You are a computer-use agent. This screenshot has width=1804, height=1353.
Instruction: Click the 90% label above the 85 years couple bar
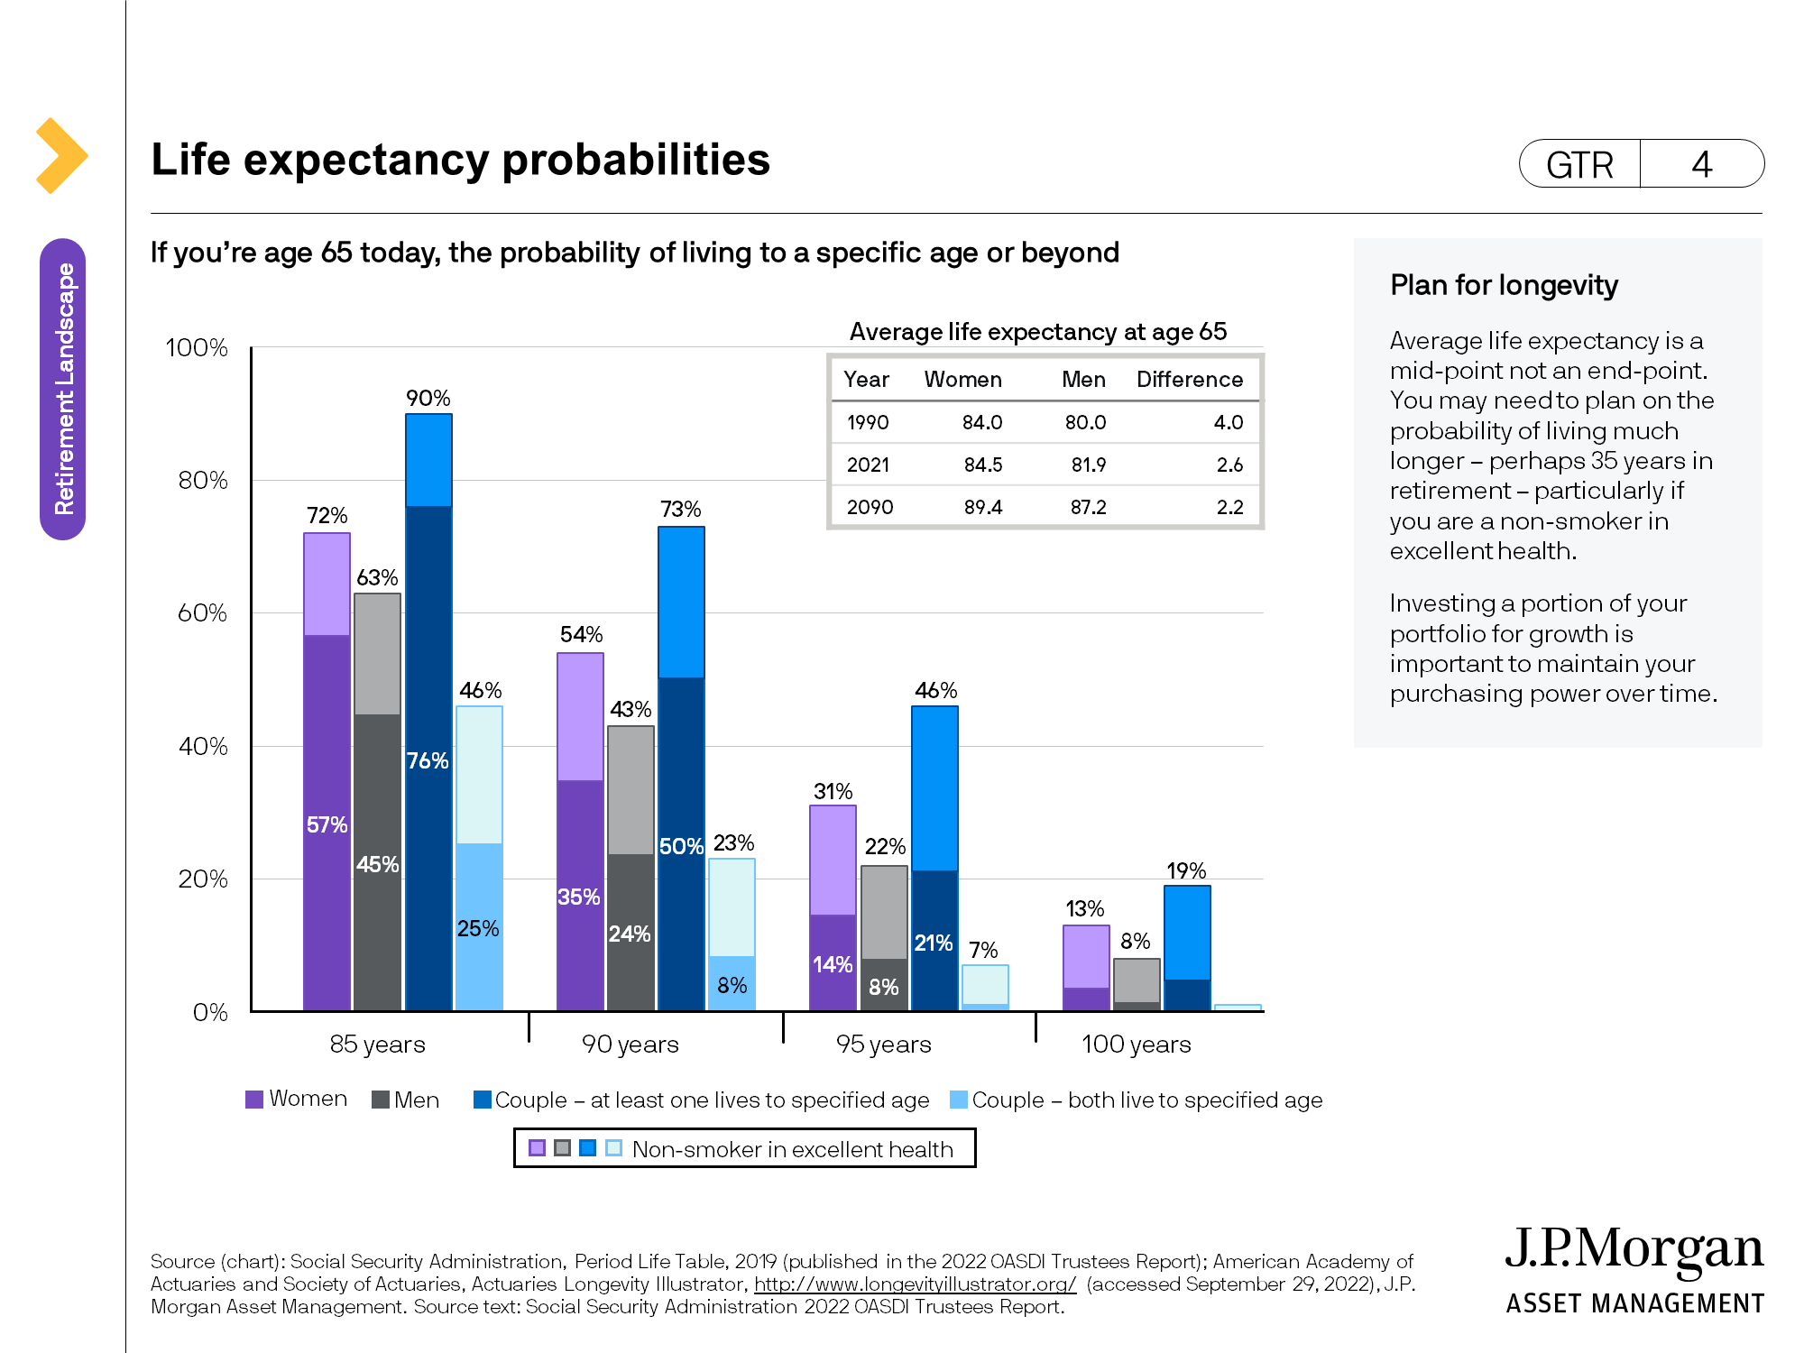[x=428, y=398]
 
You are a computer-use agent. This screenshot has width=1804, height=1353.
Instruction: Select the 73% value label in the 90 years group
[x=680, y=510]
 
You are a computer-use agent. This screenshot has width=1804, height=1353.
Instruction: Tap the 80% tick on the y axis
[x=203, y=480]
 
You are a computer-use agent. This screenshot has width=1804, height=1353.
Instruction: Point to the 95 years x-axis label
[x=883, y=1044]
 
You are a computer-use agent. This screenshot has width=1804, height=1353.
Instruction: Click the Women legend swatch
[x=254, y=1099]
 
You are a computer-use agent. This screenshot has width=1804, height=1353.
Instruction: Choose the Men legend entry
[x=406, y=1100]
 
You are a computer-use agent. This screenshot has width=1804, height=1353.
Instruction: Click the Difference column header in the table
[x=1189, y=379]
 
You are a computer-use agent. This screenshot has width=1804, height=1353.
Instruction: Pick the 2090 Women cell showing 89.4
[x=982, y=507]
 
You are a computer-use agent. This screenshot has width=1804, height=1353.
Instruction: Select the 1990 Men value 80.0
[x=1085, y=422]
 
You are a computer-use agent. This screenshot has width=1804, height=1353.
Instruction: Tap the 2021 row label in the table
[x=868, y=465]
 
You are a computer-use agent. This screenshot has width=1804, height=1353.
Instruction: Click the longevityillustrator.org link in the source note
[x=915, y=1284]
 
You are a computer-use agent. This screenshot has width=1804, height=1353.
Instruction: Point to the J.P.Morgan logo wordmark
[x=1634, y=1250]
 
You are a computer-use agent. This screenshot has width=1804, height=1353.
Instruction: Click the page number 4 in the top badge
[x=1701, y=164]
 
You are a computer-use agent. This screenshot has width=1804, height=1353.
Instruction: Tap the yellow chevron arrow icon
[x=61, y=155]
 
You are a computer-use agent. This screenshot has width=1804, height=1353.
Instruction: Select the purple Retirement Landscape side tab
[x=63, y=389]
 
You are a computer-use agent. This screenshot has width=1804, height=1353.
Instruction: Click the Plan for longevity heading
[x=1504, y=285]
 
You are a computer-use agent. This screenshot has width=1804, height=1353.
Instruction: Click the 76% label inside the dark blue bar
[x=428, y=760]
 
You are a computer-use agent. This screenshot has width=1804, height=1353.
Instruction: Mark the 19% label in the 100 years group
[x=1185, y=870]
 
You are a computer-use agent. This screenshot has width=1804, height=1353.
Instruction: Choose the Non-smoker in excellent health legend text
[x=792, y=1149]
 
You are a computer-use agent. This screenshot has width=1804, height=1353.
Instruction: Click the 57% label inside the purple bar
[x=327, y=824]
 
